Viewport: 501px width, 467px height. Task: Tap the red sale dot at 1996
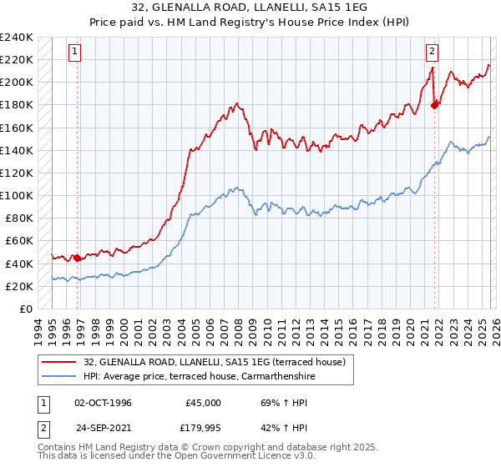point(78,258)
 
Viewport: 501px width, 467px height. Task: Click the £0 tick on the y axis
point(26,309)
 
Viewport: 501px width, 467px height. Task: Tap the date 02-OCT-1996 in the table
point(104,402)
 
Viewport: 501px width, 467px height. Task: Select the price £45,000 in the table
point(203,402)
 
